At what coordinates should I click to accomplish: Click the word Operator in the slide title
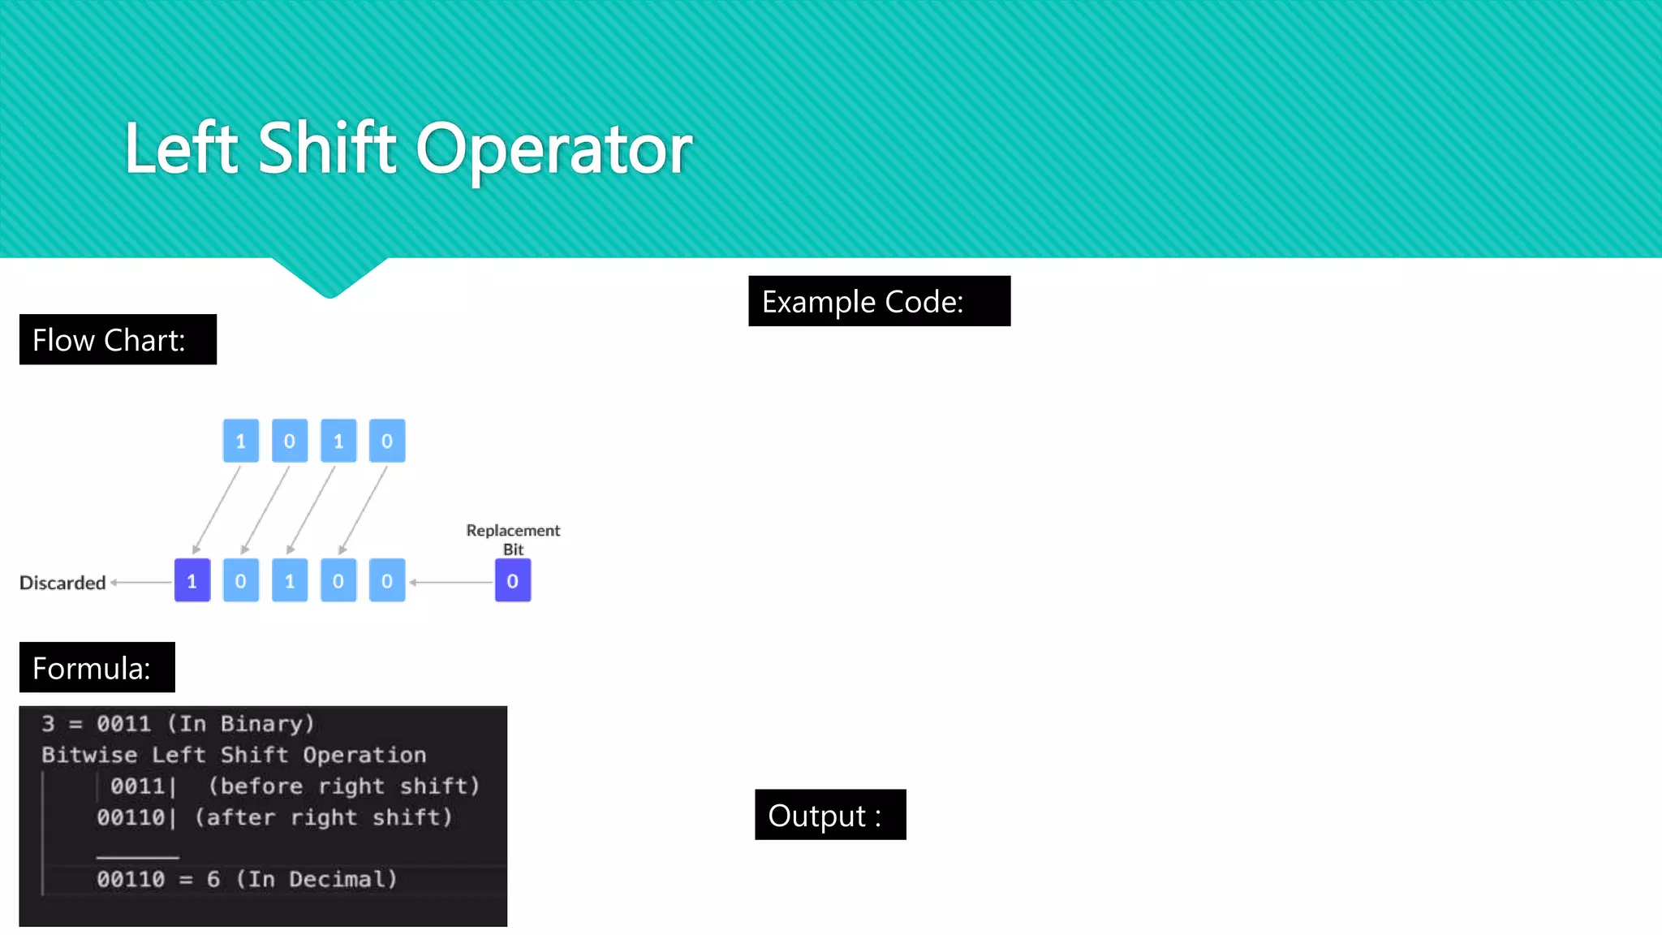pyautogui.click(x=554, y=149)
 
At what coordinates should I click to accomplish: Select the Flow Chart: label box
pyautogui.click(x=118, y=339)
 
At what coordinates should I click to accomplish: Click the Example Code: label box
pyautogui.click(x=879, y=301)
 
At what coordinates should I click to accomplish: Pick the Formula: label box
pyautogui.click(x=97, y=667)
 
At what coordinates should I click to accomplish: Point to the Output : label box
pyautogui.click(x=829, y=815)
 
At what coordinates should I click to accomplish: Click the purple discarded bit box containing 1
pyautogui.click(x=192, y=580)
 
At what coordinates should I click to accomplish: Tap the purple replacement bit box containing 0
pyautogui.click(x=513, y=580)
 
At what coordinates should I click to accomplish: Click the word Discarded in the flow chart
pyautogui.click(x=62, y=583)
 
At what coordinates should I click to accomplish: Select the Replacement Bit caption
pyautogui.click(x=513, y=539)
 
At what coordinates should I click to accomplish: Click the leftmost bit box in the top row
pyautogui.click(x=241, y=441)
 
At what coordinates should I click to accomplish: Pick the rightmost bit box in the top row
pyautogui.click(x=387, y=441)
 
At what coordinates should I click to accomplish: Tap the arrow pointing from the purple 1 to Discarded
pyautogui.click(x=141, y=582)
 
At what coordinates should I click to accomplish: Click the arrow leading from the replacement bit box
pyautogui.click(x=451, y=582)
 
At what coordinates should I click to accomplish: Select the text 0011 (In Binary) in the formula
pyautogui.click(x=205, y=723)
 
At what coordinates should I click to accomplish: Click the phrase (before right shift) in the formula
pyautogui.click(x=344, y=786)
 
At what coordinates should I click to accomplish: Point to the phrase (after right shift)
pyautogui.click(x=323, y=817)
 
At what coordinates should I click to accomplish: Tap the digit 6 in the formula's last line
pyautogui.click(x=213, y=879)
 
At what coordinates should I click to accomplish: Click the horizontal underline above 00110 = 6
pyautogui.click(x=137, y=857)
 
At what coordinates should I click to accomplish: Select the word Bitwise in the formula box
pyautogui.click(x=89, y=755)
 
